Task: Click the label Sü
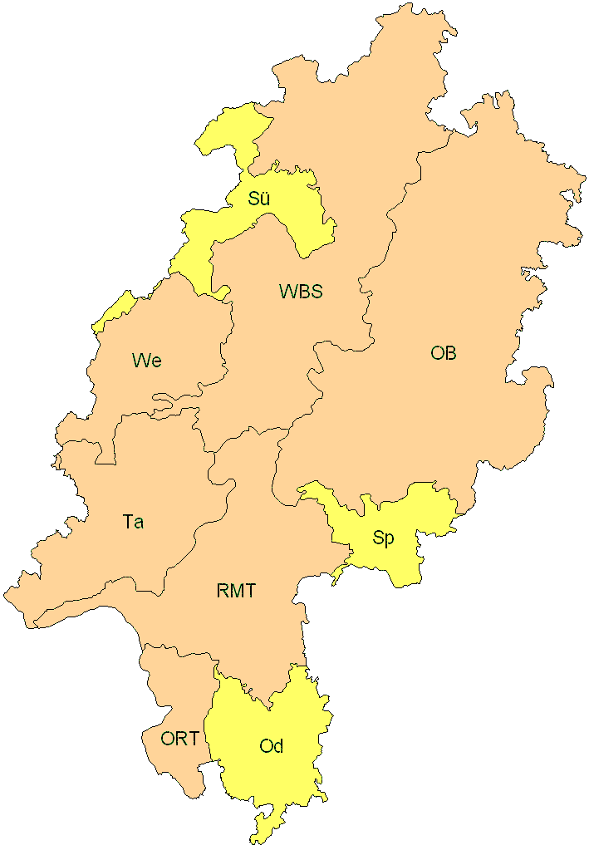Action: [259, 199]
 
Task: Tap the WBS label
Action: [300, 292]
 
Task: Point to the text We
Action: [146, 361]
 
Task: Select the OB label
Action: [443, 353]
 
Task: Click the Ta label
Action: [133, 522]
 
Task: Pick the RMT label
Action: [236, 592]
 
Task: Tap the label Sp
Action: [383, 538]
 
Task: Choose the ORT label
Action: [179, 738]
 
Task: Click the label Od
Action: [272, 746]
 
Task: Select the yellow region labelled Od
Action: [274, 781]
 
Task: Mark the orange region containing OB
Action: [465, 274]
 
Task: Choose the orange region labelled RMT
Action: [249, 532]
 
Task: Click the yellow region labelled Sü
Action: [291, 216]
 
